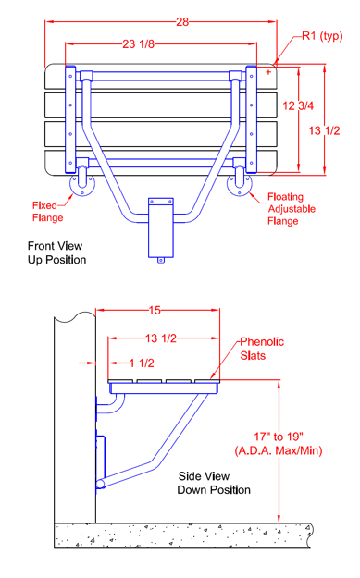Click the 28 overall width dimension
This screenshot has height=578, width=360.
(x=182, y=22)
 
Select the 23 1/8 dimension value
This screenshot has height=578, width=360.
(x=138, y=44)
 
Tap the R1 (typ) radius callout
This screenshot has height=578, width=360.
(x=322, y=36)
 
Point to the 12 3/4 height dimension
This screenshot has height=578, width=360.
(x=298, y=106)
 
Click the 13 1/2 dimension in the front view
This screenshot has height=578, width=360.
(x=324, y=130)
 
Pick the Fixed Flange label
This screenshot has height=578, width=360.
(x=47, y=212)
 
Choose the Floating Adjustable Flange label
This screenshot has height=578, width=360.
(x=292, y=209)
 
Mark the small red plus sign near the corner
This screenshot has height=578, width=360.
(x=268, y=72)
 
